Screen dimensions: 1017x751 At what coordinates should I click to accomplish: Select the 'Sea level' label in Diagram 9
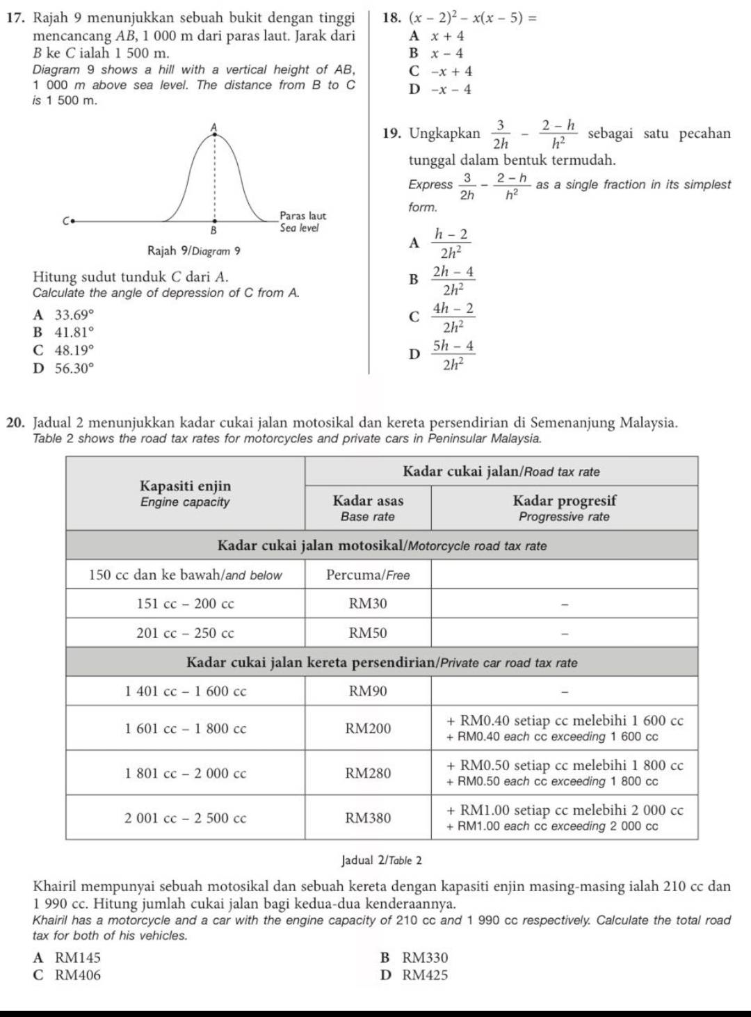tap(299, 227)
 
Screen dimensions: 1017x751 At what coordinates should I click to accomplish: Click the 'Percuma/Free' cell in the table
tap(368, 575)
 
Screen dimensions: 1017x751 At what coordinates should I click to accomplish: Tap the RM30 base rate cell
tap(368, 604)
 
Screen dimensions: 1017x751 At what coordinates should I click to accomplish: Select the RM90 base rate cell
tap(368, 691)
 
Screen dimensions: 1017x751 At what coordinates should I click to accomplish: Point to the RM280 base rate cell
tap(368, 774)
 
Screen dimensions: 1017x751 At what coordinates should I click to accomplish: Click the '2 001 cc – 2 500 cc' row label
tap(185, 818)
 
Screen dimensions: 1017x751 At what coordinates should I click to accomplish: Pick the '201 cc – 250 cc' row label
tap(185, 633)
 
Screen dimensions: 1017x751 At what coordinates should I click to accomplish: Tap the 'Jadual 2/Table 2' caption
tap(382, 860)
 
